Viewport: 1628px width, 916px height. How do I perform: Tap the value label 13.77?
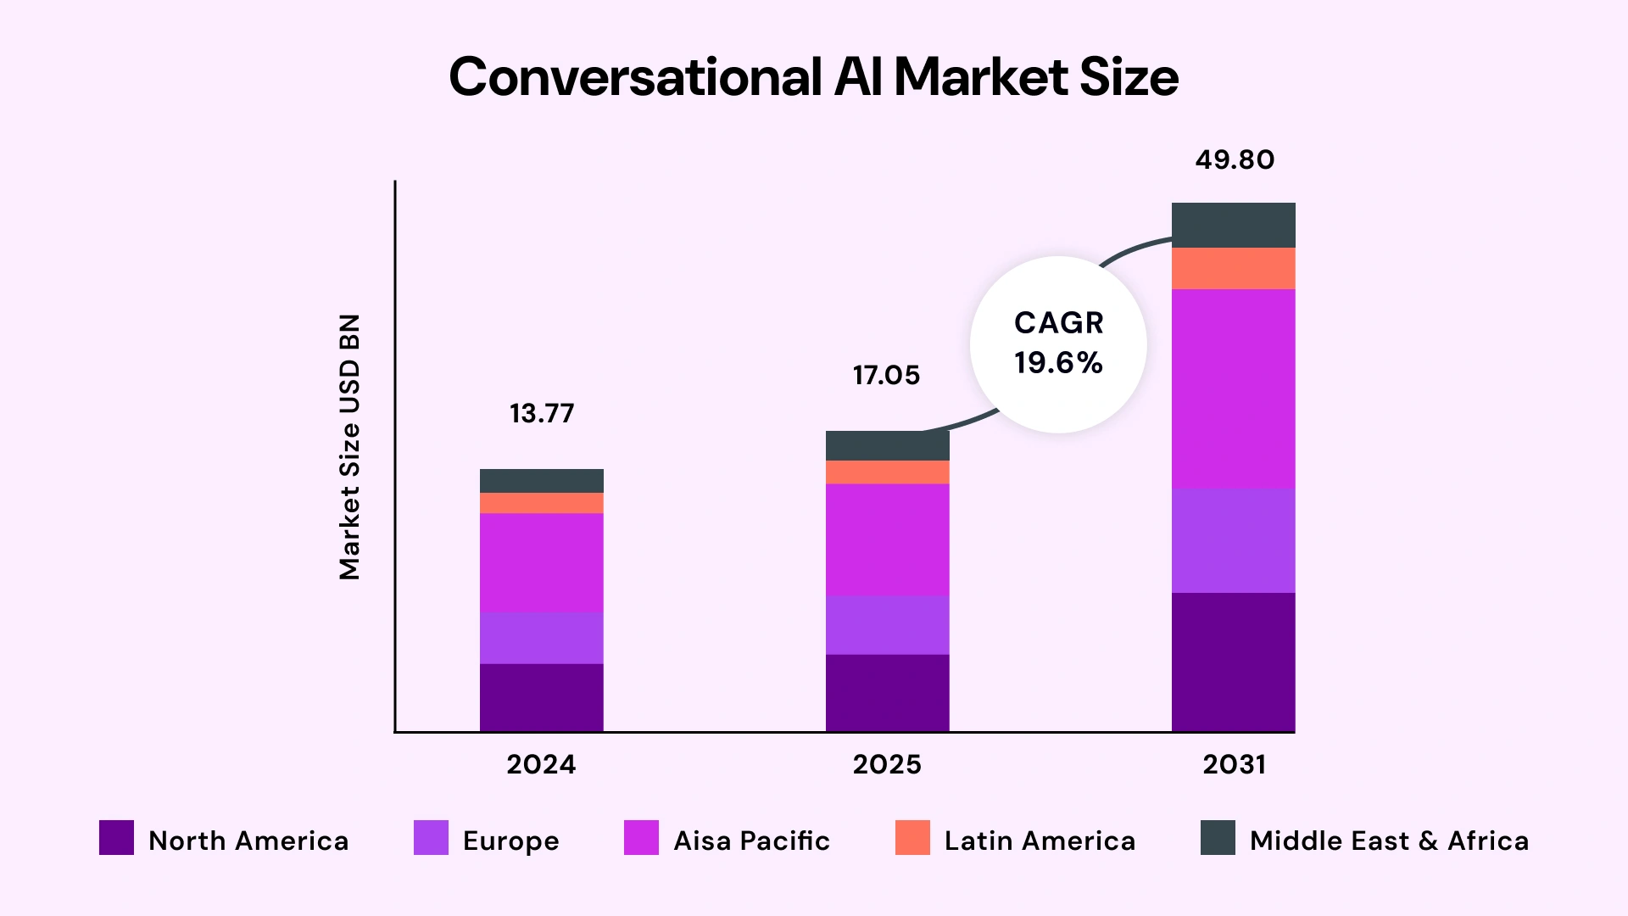(542, 414)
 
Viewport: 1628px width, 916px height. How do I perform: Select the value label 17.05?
(886, 376)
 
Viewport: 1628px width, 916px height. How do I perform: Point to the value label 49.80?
(1235, 160)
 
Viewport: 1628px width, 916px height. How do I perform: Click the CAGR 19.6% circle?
(1058, 344)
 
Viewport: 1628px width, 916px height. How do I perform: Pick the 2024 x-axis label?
(541, 765)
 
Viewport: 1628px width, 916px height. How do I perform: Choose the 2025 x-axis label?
(887, 765)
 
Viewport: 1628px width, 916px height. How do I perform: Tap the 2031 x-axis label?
(1235, 765)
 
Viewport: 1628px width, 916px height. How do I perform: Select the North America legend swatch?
(116, 838)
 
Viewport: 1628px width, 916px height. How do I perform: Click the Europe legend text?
(511, 841)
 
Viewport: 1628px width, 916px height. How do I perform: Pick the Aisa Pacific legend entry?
(751, 841)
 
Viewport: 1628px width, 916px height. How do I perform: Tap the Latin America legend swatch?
(912, 838)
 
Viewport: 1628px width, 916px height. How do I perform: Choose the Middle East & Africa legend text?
(1389, 841)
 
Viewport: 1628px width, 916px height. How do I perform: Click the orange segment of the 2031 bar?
(1234, 269)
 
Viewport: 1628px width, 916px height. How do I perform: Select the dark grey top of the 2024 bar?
(542, 481)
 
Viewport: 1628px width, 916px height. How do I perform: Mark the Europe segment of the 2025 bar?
(888, 625)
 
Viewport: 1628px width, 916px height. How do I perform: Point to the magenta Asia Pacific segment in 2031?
(1234, 389)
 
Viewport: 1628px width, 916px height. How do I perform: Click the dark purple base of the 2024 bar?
(542, 697)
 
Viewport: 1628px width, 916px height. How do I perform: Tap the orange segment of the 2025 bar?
(888, 472)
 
